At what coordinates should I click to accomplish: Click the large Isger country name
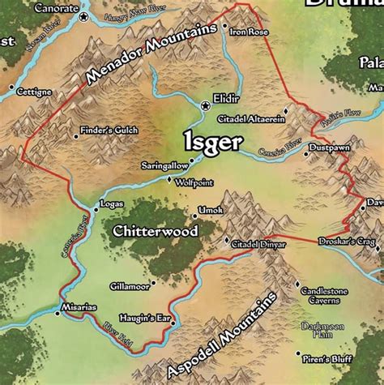tap(212, 143)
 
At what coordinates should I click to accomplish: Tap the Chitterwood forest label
tap(156, 232)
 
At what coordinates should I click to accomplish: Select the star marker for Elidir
tap(204, 105)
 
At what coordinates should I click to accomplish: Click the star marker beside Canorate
tap(84, 15)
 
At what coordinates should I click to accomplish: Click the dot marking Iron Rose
tap(227, 32)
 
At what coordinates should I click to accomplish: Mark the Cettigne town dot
tap(11, 86)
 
